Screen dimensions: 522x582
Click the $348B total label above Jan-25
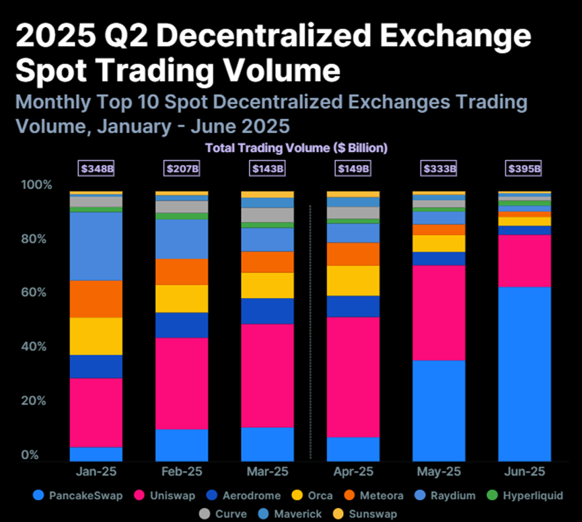click(96, 168)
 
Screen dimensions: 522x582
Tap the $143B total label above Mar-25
click(267, 168)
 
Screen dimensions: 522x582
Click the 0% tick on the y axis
click(29, 455)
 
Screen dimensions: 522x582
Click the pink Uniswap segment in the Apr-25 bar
click(353, 377)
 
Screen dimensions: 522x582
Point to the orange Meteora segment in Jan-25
click(96, 299)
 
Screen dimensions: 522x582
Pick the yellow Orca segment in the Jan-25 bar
click(96, 336)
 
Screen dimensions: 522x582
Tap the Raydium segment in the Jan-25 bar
click(96, 246)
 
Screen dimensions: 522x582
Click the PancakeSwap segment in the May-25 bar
click(438, 410)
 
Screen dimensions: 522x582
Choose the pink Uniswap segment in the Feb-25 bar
click(182, 383)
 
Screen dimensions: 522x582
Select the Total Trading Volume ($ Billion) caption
click(296, 147)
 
